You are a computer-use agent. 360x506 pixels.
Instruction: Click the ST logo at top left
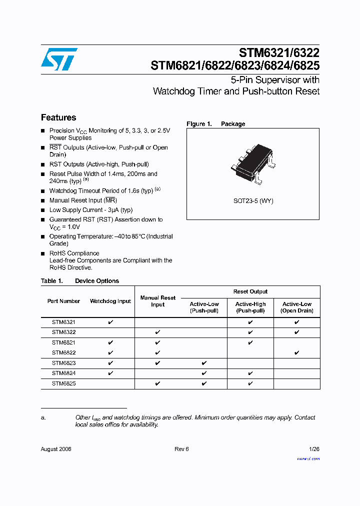point(59,59)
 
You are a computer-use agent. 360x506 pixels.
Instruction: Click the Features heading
point(58,117)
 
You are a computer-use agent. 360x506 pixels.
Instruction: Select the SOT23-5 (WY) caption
point(253,201)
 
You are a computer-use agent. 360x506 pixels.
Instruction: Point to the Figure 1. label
point(199,124)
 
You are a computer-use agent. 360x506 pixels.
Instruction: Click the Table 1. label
point(51,281)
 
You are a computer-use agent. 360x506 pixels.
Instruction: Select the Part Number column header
point(63,301)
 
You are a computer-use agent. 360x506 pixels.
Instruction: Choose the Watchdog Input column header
point(110,301)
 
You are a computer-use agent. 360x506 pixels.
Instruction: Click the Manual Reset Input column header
point(157,301)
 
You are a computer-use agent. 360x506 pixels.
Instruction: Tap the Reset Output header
point(250,291)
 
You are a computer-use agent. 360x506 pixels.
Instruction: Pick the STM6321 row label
point(63,322)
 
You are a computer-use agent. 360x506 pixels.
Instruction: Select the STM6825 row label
point(63,383)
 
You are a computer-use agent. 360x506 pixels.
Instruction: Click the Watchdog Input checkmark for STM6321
point(110,322)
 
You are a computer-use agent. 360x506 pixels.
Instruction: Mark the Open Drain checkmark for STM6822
point(297,353)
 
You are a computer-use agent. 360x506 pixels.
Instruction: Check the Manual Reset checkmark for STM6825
point(157,383)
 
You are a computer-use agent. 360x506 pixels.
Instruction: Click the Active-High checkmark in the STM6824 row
point(250,373)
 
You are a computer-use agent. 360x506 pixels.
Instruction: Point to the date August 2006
point(56,449)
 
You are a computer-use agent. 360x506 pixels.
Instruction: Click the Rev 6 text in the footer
point(181,449)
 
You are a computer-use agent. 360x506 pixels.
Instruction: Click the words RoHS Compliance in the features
point(74,253)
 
